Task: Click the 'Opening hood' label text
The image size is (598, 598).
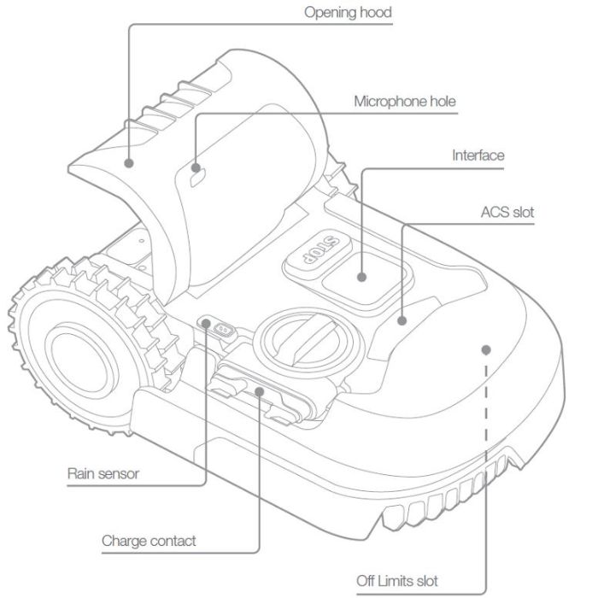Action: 348,13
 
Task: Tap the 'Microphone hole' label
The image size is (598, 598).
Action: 405,101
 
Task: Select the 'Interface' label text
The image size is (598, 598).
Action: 478,155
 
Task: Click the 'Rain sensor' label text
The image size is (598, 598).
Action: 103,472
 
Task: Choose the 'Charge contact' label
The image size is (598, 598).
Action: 149,541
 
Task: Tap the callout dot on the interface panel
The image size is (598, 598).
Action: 362,277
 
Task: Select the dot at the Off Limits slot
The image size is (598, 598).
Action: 485,349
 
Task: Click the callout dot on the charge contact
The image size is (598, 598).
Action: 260,392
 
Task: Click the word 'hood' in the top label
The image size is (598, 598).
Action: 375,13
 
